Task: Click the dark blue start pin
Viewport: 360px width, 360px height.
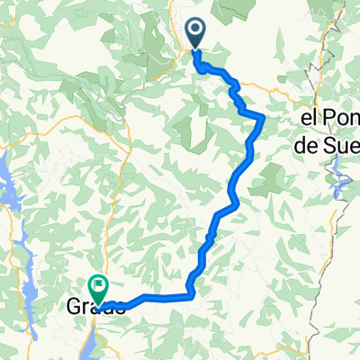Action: coord(197,36)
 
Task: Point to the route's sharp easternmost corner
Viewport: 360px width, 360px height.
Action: coord(263,117)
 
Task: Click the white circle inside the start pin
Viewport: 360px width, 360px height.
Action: coord(197,31)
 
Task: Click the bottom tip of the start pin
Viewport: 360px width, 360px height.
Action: coord(197,51)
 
